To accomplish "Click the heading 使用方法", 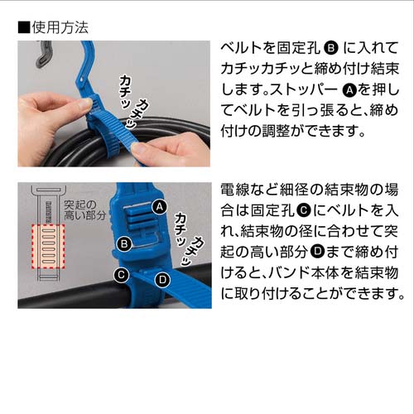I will point(60,26).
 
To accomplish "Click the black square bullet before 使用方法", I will point(23,26).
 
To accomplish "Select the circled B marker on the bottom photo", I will point(124,243).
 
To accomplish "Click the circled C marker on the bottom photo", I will point(120,274).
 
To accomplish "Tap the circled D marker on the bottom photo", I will point(162,280).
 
